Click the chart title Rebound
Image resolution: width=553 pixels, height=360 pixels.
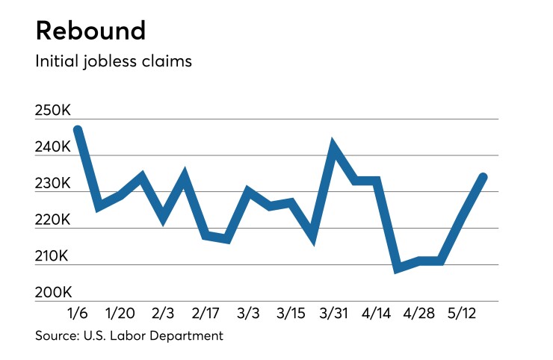[x=90, y=31]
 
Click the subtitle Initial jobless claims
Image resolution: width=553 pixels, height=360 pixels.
[x=114, y=61]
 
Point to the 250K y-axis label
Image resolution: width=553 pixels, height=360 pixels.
[x=52, y=111]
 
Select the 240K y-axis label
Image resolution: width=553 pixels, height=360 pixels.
[x=52, y=148]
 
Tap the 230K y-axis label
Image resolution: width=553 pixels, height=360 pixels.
[x=52, y=184]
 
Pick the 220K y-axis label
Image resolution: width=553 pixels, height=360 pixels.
[x=52, y=220]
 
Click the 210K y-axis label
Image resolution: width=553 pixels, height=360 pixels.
[x=52, y=257]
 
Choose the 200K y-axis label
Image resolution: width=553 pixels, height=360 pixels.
[x=52, y=293]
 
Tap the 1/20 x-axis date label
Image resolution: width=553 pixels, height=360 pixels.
[x=121, y=311]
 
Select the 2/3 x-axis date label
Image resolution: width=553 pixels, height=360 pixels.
[x=164, y=311]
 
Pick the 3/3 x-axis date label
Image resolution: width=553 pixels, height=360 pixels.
[x=248, y=311]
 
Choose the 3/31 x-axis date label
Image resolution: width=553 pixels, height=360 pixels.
[x=334, y=311]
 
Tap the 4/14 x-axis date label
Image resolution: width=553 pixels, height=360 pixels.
[x=376, y=311]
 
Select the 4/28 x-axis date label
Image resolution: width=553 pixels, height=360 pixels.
[x=418, y=311]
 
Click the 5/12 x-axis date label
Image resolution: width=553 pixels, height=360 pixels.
[x=461, y=311]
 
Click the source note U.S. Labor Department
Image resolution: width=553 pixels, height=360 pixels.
[x=129, y=335]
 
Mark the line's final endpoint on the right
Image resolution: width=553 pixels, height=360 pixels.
[x=484, y=177]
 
